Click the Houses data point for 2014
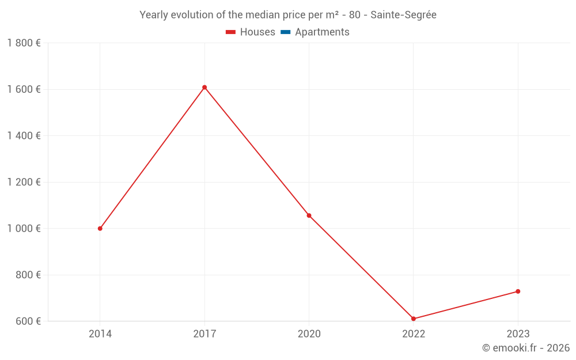(100, 229)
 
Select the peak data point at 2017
(204, 88)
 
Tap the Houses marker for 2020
(309, 215)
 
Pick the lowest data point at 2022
(414, 319)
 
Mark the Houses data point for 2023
(518, 291)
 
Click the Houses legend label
(257, 32)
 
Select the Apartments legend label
(322, 32)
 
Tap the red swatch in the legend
(231, 32)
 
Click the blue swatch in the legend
(285, 32)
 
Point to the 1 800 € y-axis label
(24, 43)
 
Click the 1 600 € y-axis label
(24, 89)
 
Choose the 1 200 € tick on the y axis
(24, 182)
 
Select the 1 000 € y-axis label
(24, 229)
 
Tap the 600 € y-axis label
(26, 321)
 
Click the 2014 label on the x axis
(100, 334)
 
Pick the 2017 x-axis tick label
(204, 334)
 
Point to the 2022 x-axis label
(414, 334)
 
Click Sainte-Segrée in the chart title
(403, 15)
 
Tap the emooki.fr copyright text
(525, 348)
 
